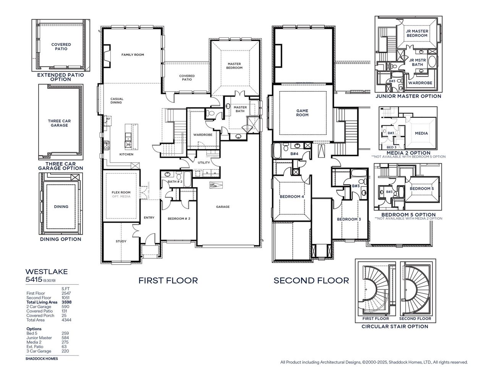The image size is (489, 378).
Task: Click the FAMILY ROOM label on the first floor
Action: coord(133,55)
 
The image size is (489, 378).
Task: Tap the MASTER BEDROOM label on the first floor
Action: coord(234,66)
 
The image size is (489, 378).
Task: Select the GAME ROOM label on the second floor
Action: coord(302,113)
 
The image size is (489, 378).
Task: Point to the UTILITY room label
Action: coord(204,162)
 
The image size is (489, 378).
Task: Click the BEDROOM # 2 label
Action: coord(179,219)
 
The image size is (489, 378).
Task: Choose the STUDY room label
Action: coord(121,241)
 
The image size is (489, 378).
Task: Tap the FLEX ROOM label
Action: coord(121,193)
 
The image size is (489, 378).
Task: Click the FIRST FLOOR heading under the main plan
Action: coord(168,281)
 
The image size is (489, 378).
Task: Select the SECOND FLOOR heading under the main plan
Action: coord(311,281)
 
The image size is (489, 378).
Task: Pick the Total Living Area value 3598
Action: coord(66,302)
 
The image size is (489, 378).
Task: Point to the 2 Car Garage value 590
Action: coord(65,307)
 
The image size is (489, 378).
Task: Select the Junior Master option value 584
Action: coord(65,338)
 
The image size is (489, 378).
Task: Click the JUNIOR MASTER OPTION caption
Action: coord(408,96)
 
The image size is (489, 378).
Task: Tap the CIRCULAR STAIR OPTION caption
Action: coord(395,326)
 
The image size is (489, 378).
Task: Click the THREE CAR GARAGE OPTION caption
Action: coord(60,166)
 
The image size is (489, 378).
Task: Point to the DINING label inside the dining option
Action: coord(61,207)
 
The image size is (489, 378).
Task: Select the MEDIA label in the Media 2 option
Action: coord(421,133)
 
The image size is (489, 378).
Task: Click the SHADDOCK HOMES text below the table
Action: coord(42,359)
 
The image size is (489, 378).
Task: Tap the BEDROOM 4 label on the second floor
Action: coord(291,196)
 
